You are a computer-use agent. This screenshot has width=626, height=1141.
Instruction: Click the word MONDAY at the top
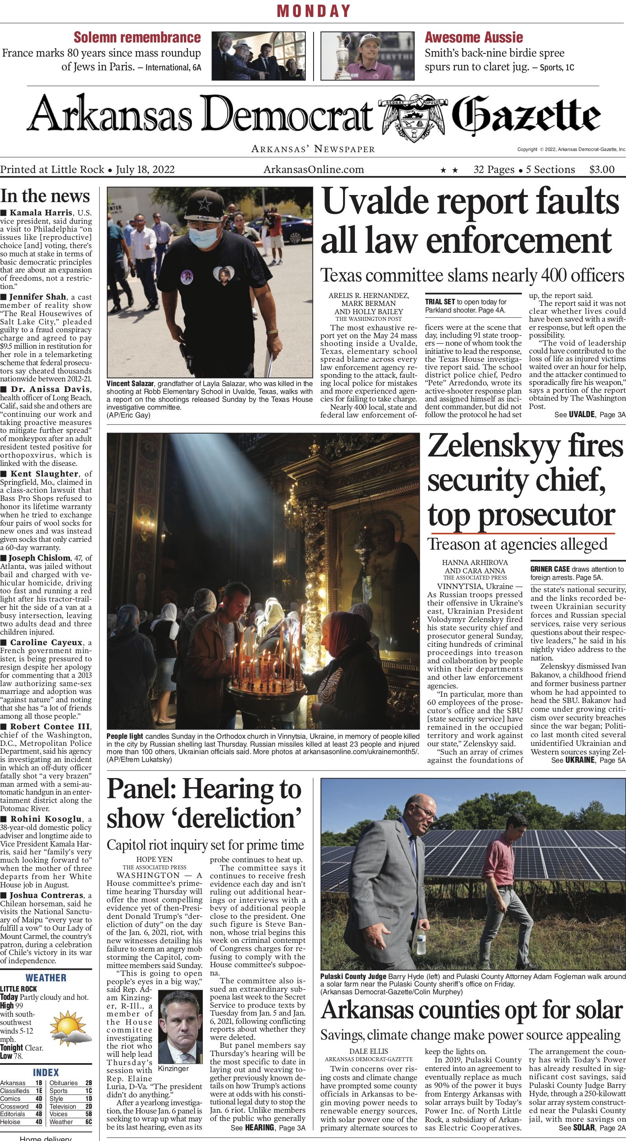[314, 11]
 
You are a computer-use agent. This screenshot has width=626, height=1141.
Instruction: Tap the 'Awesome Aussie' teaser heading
[474, 37]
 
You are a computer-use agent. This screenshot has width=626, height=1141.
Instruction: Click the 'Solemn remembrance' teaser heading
[137, 37]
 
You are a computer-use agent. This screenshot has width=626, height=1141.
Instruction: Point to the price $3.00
[602, 169]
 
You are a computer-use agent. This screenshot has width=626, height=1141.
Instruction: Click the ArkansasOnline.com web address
[314, 169]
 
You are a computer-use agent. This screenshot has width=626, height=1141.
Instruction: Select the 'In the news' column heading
[45, 196]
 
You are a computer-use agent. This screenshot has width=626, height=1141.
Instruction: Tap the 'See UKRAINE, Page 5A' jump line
[588, 760]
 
